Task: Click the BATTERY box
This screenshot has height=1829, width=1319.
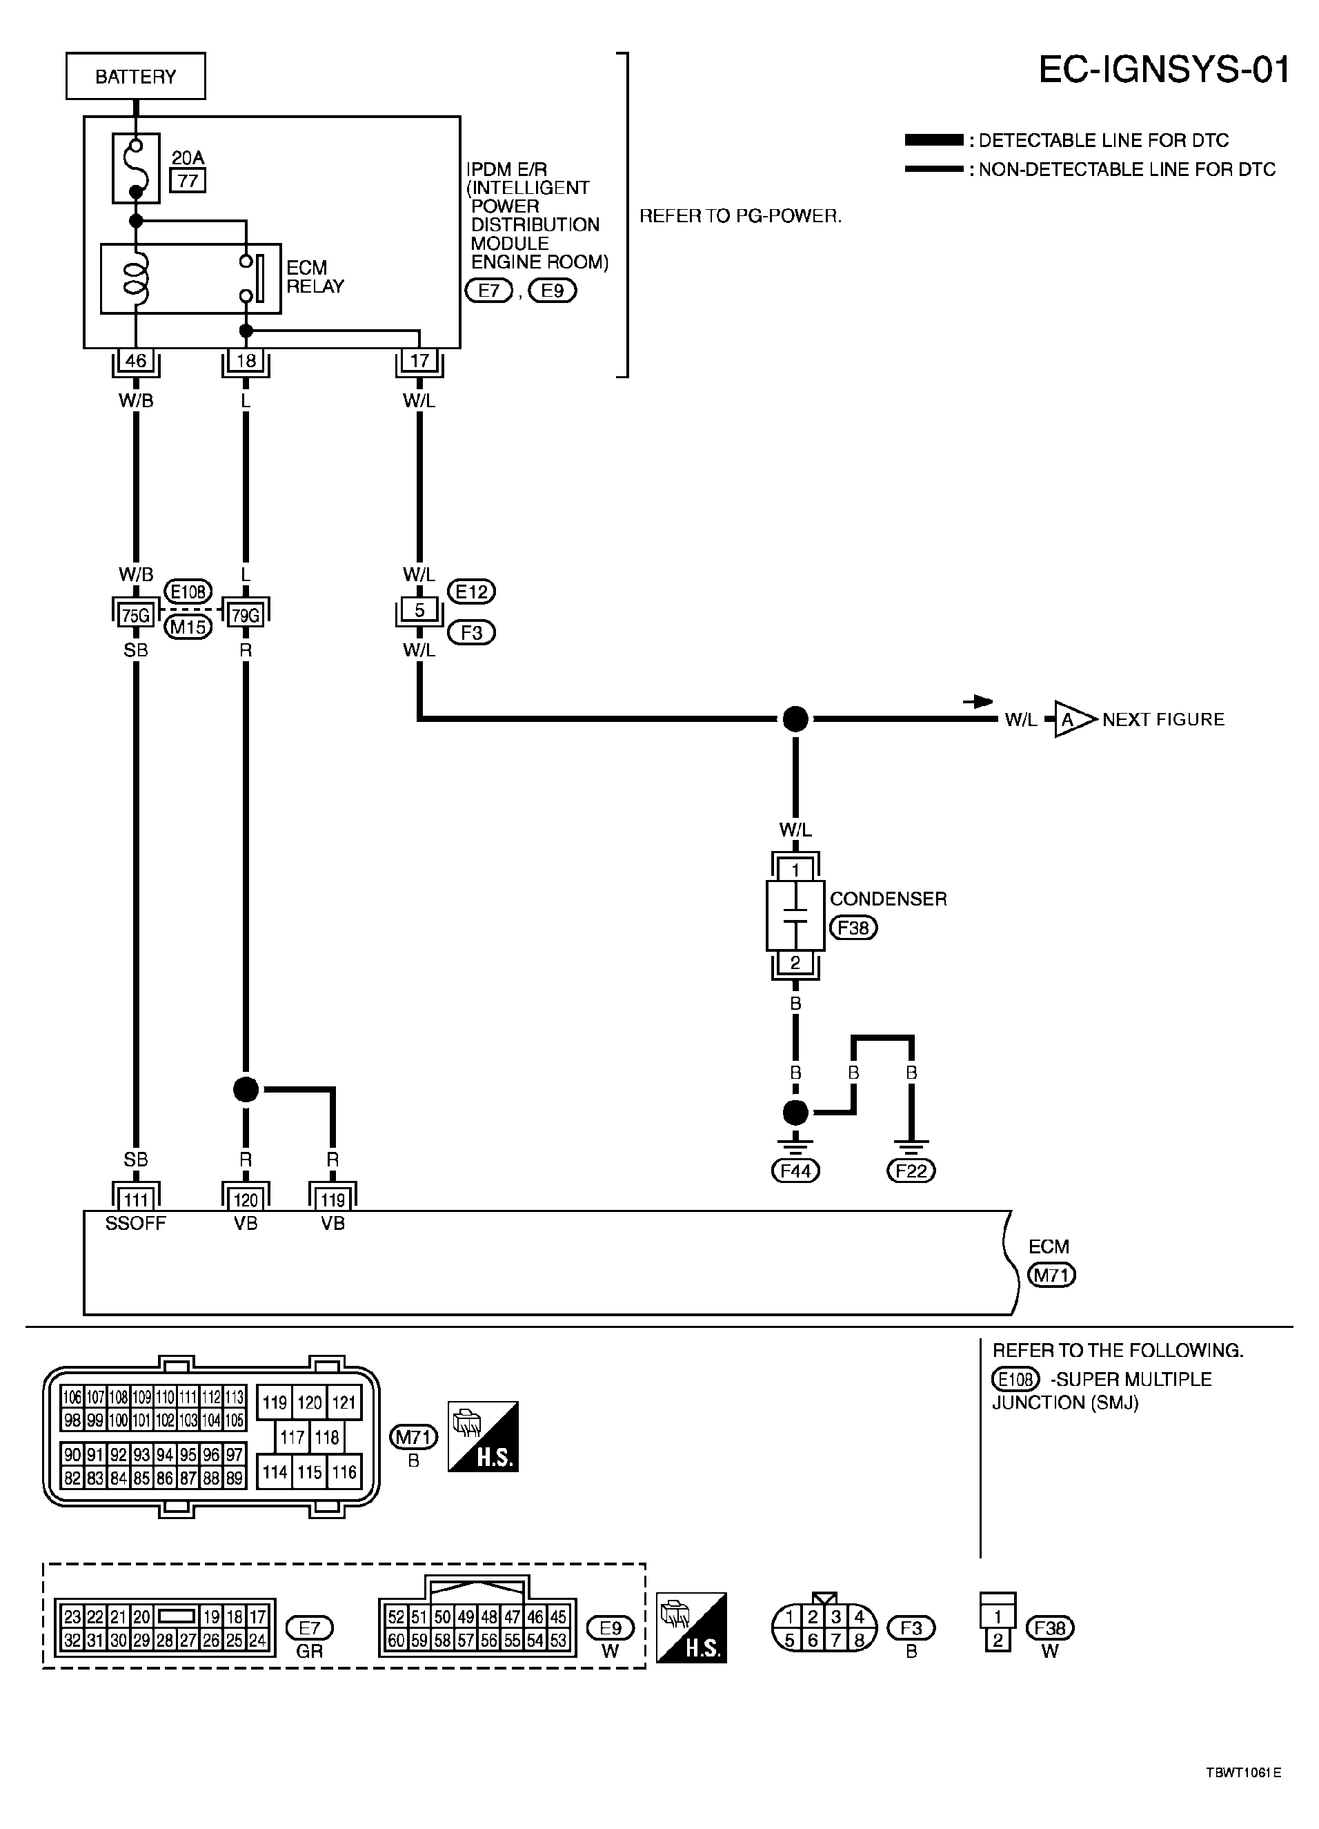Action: [135, 76]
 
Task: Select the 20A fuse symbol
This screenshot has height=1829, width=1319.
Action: [135, 168]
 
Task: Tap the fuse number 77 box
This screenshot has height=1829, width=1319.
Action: [188, 180]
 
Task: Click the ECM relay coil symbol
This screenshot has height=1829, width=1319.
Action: [135, 278]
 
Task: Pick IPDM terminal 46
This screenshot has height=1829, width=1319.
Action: [135, 360]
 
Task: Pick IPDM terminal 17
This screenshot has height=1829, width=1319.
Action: [419, 360]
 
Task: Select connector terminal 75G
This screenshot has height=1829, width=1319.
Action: [135, 616]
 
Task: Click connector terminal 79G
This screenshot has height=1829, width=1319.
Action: [246, 616]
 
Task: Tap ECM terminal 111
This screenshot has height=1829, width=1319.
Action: [135, 1199]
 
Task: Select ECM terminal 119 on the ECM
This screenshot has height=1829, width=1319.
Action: [333, 1199]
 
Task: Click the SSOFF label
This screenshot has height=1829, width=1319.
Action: [135, 1224]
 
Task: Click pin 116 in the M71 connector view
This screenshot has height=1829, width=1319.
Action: [344, 1471]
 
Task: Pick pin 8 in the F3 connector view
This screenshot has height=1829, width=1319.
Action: [860, 1641]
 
